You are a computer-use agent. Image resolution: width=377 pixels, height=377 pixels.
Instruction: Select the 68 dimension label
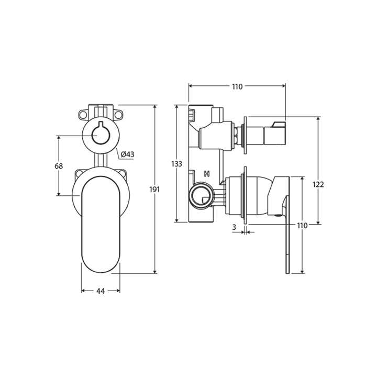(59, 166)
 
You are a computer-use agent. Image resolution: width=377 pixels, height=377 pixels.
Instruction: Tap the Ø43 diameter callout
(127, 154)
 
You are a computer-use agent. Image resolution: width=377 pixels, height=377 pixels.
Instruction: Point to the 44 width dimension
(101, 291)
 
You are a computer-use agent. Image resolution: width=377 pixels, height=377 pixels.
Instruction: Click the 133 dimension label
(177, 164)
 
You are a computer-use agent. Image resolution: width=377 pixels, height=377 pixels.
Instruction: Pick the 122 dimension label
(318, 184)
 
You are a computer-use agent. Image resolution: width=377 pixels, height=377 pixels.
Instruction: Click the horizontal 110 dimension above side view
(237, 87)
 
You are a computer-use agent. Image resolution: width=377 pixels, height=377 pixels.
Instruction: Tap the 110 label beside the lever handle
(302, 225)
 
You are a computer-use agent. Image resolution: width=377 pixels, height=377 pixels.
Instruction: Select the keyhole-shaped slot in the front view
(100, 134)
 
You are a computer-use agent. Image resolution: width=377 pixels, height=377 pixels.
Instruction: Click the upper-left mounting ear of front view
(83, 114)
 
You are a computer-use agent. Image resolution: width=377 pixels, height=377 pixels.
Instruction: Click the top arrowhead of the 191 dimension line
(156, 107)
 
